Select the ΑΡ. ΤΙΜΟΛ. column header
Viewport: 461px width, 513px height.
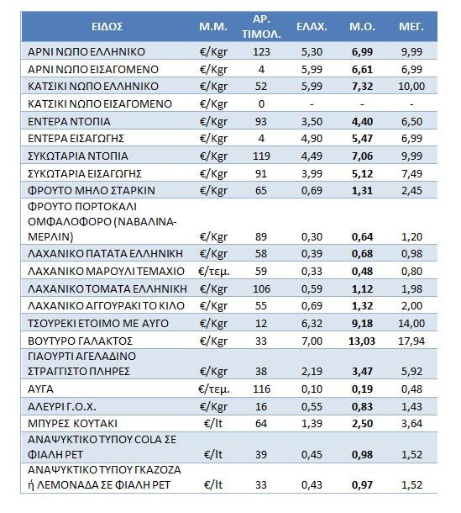(x=260, y=27)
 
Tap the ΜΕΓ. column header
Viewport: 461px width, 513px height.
(x=411, y=27)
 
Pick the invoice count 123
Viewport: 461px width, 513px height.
(x=261, y=51)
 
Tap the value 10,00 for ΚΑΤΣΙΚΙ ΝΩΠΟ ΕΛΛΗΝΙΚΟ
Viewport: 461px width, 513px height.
(x=411, y=87)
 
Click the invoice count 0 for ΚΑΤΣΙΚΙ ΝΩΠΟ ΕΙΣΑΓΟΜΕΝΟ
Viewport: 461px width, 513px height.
(x=261, y=104)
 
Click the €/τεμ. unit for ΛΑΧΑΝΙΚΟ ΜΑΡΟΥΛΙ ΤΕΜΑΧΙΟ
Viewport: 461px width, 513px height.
(x=212, y=271)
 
